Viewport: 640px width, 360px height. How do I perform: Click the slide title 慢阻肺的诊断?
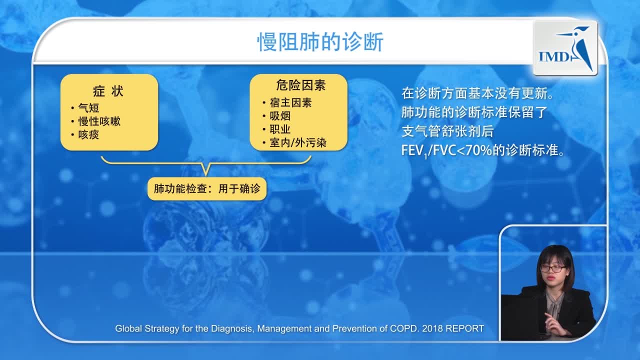(320, 43)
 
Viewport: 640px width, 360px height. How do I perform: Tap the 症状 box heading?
(108, 92)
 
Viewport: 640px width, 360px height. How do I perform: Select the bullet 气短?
(88, 108)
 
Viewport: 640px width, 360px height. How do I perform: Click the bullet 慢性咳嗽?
(99, 121)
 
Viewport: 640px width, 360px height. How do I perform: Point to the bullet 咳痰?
(88, 135)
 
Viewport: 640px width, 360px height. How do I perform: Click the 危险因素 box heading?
(300, 85)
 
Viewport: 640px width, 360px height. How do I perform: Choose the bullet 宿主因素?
(290, 102)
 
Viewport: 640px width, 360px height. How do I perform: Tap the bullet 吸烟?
(279, 116)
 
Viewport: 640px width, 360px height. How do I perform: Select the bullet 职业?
(279, 129)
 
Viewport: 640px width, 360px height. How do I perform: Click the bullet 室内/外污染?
(297, 143)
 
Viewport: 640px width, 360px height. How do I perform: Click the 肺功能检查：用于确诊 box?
(207, 189)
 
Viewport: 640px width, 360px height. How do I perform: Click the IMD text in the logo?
(553, 56)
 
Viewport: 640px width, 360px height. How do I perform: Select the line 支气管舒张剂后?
(447, 131)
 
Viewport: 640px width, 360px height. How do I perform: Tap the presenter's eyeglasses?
(552, 269)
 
